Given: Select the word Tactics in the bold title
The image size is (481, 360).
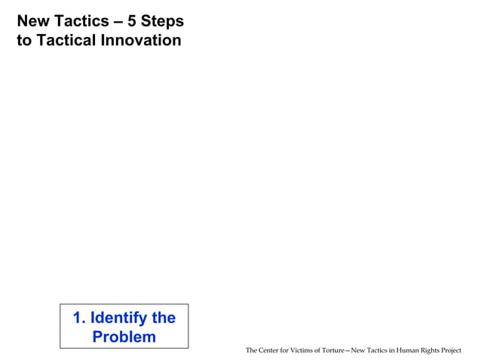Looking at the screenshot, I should tap(80, 21).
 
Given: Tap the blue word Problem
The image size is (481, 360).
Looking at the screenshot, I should tap(124, 337).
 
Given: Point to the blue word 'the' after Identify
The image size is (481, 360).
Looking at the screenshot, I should tap(164, 318).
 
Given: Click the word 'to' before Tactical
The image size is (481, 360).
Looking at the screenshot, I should tap(23, 41).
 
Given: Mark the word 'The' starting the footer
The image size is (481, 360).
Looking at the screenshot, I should tap(252, 351).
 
